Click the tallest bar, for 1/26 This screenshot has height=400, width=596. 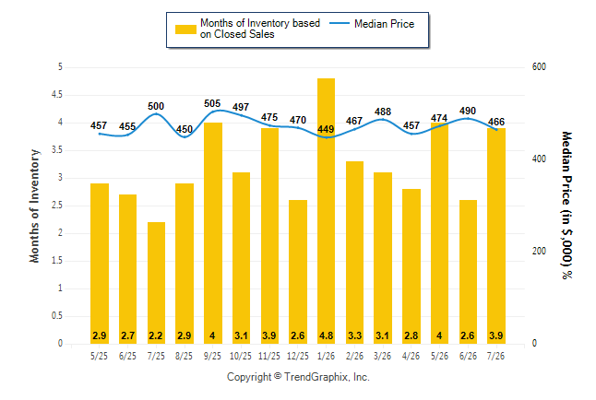[326, 211]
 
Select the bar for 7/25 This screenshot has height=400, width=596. [156, 283]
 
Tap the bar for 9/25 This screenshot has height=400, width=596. [213, 233]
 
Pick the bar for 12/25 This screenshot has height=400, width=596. [298, 272]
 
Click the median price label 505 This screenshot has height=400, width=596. [212, 103]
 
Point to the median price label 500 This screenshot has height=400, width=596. [156, 106]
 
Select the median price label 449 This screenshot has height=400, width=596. [326, 129]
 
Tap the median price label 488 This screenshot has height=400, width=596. [383, 112]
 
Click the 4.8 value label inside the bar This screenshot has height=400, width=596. [326, 335]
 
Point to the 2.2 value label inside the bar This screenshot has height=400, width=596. [156, 335]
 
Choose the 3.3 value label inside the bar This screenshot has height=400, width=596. [354, 335]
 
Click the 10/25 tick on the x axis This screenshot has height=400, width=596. [241, 356]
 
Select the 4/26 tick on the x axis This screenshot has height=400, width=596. [411, 356]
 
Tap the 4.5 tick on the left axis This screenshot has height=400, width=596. [57, 95]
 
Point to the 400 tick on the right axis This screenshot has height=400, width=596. [539, 159]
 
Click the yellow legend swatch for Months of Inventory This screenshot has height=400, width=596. [185, 29]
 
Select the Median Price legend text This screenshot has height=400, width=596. [385, 24]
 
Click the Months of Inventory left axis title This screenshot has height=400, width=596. [34, 206]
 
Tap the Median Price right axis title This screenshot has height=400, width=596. [566, 206]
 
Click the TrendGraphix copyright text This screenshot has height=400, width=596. [298, 377]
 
